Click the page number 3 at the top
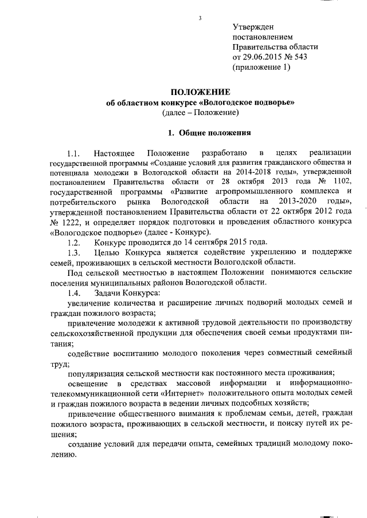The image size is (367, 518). click(x=200, y=18)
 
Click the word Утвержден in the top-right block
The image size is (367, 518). click(x=253, y=27)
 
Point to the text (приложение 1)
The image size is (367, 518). click(x=262, y=68)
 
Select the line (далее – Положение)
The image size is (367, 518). click(x=200, y=113)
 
